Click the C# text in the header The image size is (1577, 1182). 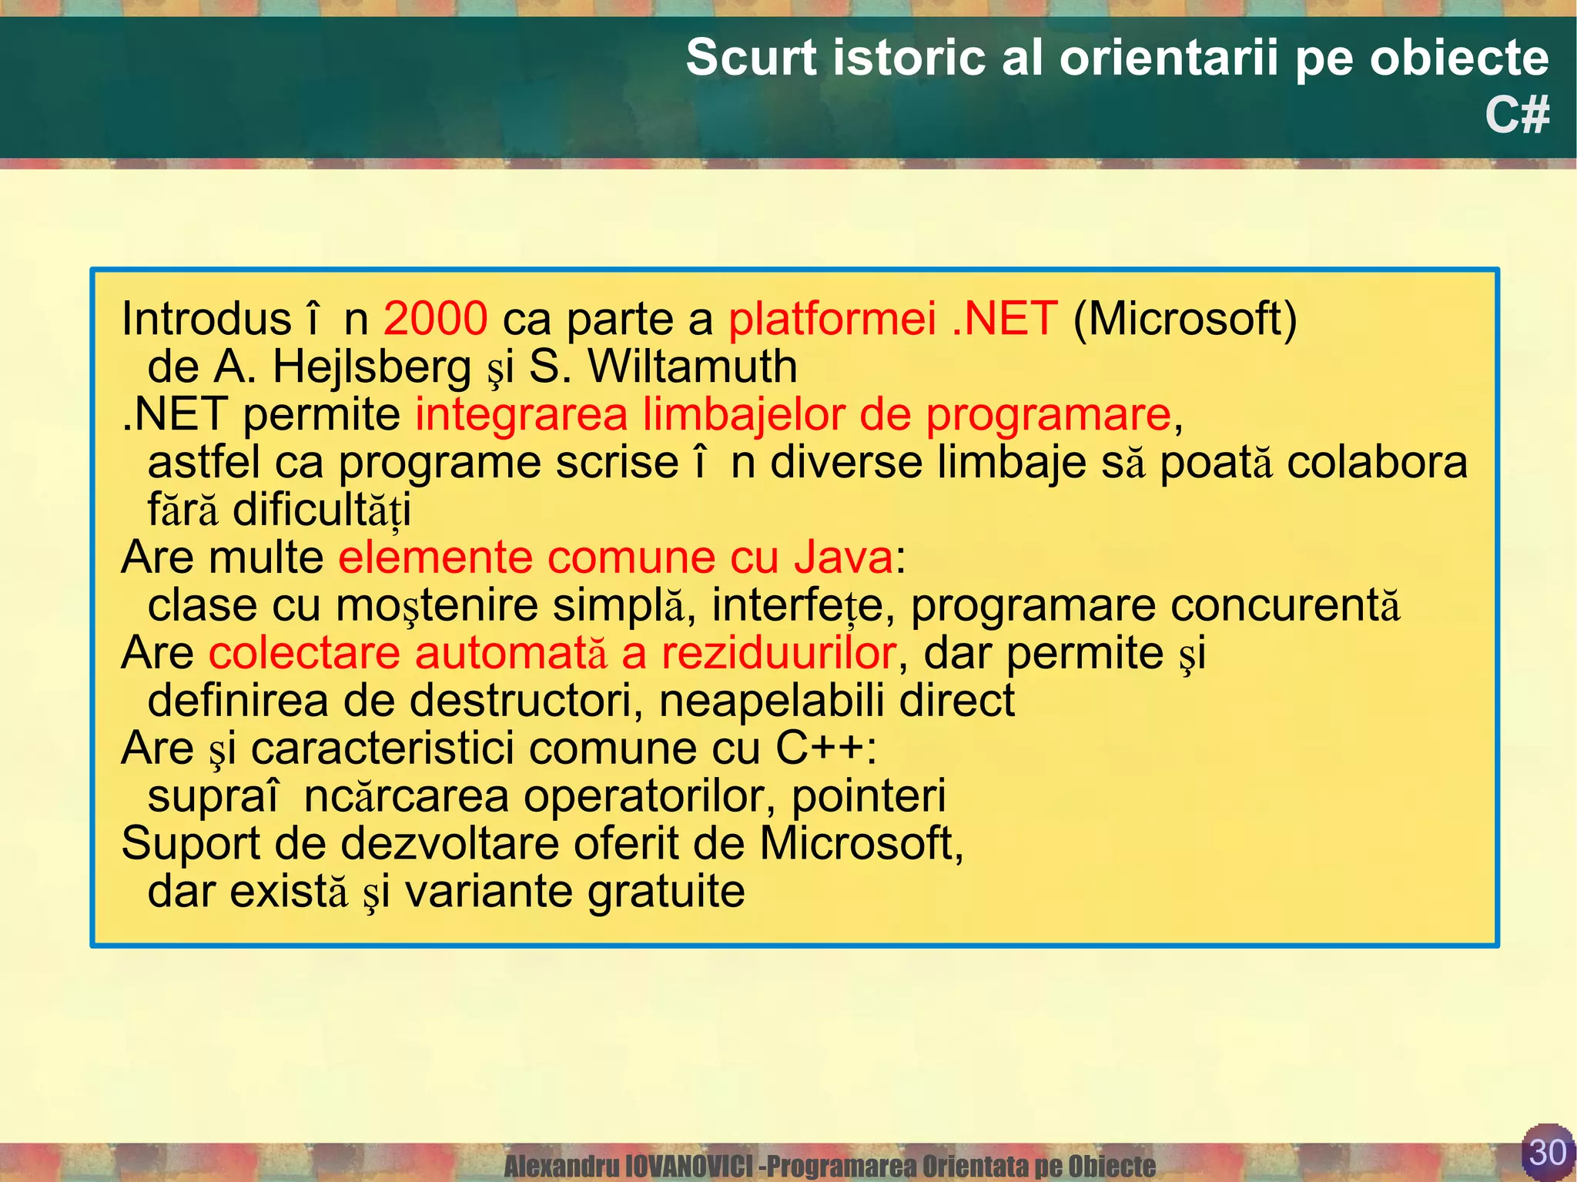[x=1516, y=116]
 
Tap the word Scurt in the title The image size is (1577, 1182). [x=751, y=58]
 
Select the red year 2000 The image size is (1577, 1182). [x=435, y=318]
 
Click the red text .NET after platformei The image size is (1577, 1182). [x=1004, y=318]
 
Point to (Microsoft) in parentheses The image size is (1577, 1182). [x=1185, y=320]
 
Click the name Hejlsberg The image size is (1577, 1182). [x=372, y=367]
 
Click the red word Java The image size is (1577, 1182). [x=843, y=557]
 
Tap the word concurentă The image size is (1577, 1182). [x=1155, y=605]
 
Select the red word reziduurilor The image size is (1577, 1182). [x=778, y=654]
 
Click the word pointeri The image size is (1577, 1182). [x=869, y=796]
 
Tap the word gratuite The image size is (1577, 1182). [x=665, y=892]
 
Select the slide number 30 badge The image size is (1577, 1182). [x=1547, y=1152]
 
